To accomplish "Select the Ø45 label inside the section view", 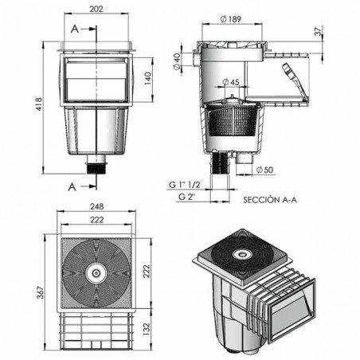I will pyautogui.click(x=231, y=81).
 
